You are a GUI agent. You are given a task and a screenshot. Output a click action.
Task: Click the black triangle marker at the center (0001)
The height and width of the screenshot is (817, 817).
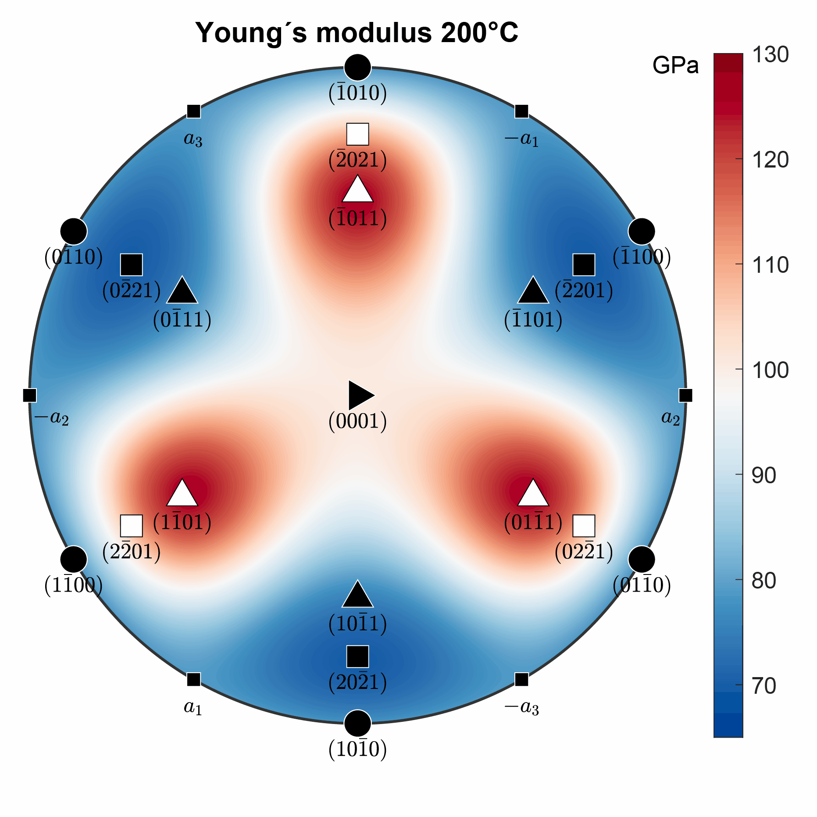[x=360, y=395]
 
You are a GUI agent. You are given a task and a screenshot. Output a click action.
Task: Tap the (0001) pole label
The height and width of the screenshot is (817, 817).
[x=357, y=421]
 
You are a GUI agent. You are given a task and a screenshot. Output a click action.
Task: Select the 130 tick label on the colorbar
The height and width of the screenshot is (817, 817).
[x=770, y=55]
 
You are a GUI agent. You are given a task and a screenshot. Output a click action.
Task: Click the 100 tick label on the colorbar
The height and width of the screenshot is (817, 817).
[x=770, y=371]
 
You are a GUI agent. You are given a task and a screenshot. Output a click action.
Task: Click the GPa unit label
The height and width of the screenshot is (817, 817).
[x=675, y=66]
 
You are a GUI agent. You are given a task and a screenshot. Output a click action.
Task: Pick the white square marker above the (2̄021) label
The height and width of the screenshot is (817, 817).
[x=357, y=134]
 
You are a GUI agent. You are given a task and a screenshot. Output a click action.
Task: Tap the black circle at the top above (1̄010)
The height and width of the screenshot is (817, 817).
[x=357, y=68]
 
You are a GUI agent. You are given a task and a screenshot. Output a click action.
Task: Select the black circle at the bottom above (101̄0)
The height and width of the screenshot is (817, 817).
[x=357, y=723]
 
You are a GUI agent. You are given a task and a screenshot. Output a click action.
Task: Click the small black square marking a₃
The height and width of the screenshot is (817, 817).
[x=193, y=111]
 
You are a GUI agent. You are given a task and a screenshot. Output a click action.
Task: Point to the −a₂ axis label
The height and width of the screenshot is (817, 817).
[x=51, y=418]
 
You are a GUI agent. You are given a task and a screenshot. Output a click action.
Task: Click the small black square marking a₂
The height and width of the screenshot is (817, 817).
[x=685, y=395]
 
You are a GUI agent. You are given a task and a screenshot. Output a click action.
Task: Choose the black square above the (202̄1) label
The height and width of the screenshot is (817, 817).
[x=357, y=656]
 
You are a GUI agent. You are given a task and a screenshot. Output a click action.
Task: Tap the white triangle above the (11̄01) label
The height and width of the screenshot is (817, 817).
[x=182, y=494]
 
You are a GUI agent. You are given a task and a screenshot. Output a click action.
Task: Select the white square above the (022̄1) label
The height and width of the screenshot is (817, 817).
[x=584, y=526]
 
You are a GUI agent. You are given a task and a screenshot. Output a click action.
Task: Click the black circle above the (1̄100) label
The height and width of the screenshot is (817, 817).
[x=641, y=231]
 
